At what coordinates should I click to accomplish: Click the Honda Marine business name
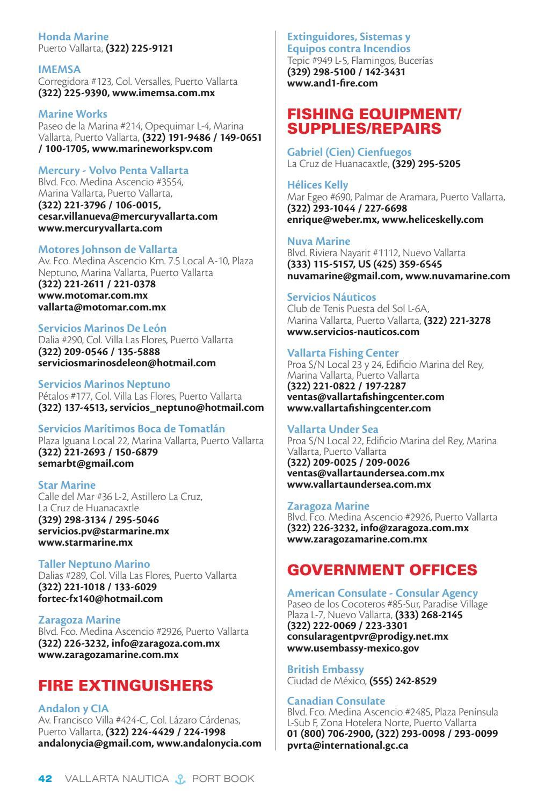[x=73, y=37]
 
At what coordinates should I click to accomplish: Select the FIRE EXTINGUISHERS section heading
[x=126, y=685]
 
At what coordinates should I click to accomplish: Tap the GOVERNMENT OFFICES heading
[x=382, y=570]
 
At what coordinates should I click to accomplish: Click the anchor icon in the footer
[x=180, y=779]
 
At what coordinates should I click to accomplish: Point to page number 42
[x=45, y=779]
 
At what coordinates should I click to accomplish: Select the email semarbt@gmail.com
[x=86, y=463]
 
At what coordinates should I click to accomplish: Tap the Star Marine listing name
[x=67, y=486]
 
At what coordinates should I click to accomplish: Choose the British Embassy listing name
[x=325, y=670]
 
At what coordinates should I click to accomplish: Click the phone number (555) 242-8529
[x=403, y=681]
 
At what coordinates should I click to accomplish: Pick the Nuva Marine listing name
[x=318, y=241]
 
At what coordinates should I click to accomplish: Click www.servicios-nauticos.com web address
[x=353, y=332]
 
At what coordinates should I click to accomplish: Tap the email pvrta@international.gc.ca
[x=347, y=745]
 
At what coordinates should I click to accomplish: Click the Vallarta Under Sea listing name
[x=332, y=430]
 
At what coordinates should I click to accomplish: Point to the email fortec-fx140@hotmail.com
[x=100, y=598]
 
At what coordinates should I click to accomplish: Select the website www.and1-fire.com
[x=332, y=83]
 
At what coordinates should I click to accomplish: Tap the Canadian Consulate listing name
[x=336, y=701]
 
